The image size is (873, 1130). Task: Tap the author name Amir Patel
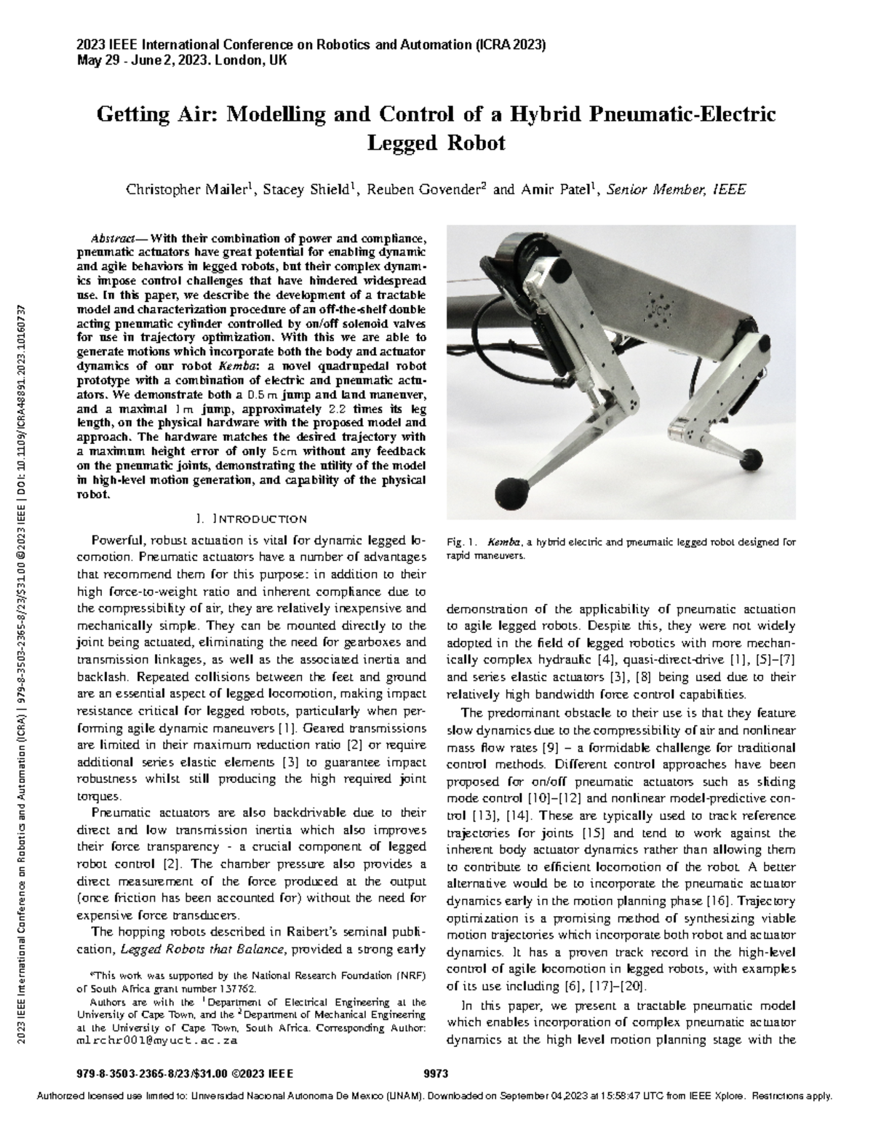click(x=558, y=190)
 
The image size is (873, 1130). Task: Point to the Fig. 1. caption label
click(x=461, y=542)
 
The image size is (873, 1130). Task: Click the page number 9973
click(x=435, y=1074)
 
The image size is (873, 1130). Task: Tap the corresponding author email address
click(x=157, y=1041)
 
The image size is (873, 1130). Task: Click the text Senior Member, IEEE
click(x=676, y=190)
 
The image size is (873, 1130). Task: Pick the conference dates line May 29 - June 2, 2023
click(x=181, y=60)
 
